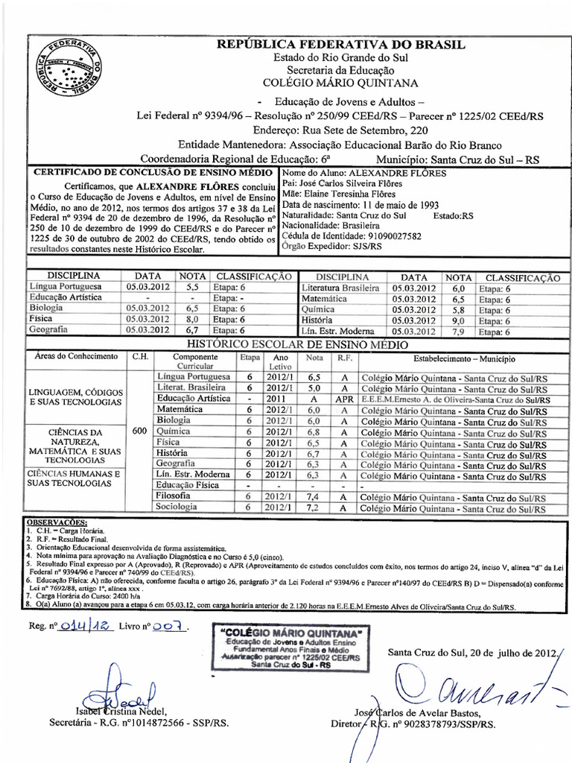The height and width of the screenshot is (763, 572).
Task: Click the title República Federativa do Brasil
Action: pyautogui.click(x=340, y=45)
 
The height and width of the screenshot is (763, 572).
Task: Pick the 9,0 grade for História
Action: pyautogui.click(x=458, y=321)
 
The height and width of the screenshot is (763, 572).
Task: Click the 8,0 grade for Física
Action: pyautogui.click(x=191, y=318)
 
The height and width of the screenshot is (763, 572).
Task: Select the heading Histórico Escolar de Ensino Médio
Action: pyautogui.click(x=297, y=344)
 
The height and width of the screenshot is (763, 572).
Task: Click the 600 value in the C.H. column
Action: pyautogui.click(x=139, y=431)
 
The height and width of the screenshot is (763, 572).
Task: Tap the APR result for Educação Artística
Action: pyautogui.click(x=344, y=399)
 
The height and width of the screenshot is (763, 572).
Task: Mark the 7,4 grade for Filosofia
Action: pyautogui.click(x=314, y=496)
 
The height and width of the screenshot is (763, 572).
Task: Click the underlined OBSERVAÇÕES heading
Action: pyautogui.click(x=57, y=522)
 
